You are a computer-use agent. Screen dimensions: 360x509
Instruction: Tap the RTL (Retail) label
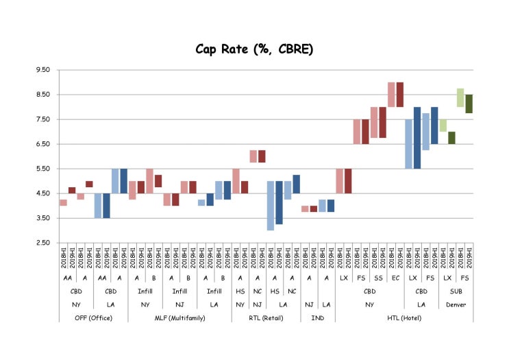click(x=266, y=317)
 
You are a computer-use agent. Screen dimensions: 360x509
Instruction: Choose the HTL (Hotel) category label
click(x=404, y=317)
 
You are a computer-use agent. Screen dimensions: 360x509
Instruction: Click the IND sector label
click(x=318, y=317)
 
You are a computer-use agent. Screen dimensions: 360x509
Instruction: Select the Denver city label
click(x=456, y=304)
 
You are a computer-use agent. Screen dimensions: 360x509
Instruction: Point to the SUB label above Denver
click(x=456, y=291)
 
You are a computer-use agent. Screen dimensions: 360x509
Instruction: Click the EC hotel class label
click(x=395, y=278)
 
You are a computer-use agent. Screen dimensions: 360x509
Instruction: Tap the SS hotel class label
click(x=378, y=278)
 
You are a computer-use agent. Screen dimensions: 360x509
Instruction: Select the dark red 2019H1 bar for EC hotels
click(x=400, y=95)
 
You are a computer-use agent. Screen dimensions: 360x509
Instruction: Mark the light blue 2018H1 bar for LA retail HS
click(x=271, y=206)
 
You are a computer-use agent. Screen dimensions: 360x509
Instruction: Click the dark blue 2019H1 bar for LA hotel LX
click(x=417, y=138)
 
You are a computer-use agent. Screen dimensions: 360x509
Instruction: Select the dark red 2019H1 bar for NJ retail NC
click(x=262, y=156)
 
